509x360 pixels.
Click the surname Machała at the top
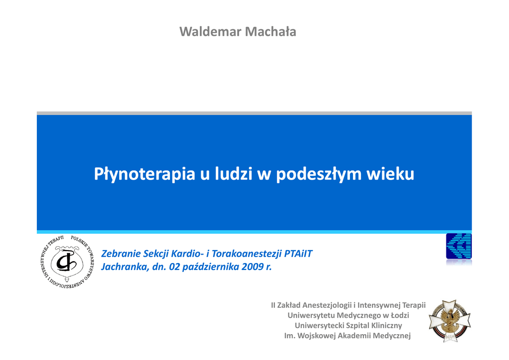(x=270, y=31)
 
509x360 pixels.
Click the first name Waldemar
(x=210, y=31)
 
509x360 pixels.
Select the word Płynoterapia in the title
(x=145, y=175)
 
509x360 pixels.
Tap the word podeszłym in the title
(x=319, y=175)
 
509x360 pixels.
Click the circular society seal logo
(x=68, y=262)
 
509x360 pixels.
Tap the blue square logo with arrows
(x=459, y=246)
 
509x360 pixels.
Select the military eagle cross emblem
(x=449, y=321)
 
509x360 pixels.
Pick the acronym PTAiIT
(x=298, y=254)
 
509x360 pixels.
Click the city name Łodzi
(x=400, y=315)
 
